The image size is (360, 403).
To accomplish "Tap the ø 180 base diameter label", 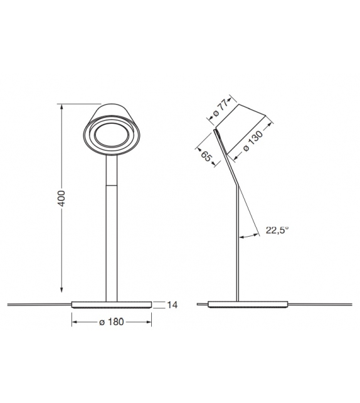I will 112,323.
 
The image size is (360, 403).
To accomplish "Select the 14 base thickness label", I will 174,305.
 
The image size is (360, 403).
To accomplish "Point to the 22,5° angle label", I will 277,230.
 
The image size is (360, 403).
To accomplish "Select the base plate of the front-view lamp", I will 112,304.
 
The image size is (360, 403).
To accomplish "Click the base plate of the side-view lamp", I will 246,304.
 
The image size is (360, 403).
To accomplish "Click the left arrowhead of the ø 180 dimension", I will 75,323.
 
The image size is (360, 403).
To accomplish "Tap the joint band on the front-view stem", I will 112,186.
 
